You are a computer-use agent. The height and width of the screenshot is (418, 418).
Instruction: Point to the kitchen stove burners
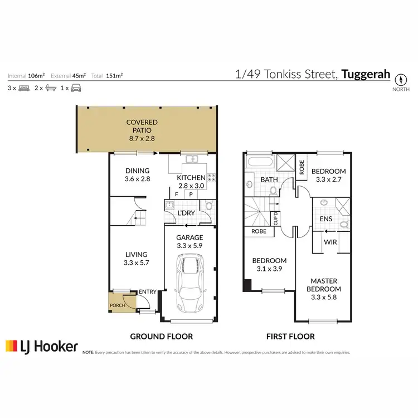point(212,178)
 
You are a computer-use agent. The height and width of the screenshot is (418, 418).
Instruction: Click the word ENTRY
point(148,292)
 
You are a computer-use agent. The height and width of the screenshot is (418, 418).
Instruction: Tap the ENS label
point(326,219)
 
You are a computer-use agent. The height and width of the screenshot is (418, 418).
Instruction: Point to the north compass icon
point(401,79)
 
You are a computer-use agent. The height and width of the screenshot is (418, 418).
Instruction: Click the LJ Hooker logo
point(41,346)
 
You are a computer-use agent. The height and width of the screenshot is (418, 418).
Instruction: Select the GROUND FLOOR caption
point(162,337)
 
